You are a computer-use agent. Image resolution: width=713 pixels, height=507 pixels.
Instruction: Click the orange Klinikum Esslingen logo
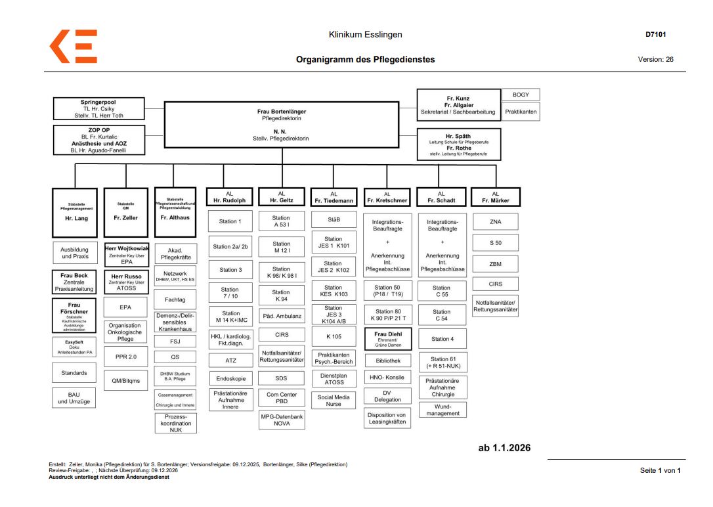[x=74, y=47]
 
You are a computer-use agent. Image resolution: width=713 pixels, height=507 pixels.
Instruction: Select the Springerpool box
[x=98, y=108]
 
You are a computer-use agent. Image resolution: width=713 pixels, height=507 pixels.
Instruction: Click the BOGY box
[x=521, y=95]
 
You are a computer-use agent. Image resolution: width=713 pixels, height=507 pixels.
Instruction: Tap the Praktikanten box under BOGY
[x=521, y=112]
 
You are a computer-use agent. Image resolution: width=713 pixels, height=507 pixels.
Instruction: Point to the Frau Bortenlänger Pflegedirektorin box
[x=281, y=125]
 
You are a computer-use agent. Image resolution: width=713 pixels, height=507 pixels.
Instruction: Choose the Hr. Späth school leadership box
[x=458, y=144]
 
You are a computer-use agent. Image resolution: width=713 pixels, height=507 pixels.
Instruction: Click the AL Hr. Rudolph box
[x=229, y=197]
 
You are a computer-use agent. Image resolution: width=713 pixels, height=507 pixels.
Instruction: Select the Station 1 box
[x=230, y=221]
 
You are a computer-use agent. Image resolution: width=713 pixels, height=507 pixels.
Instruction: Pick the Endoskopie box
[x=230, y=379]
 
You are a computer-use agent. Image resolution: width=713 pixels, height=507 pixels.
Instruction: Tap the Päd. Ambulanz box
[x=281, y=316]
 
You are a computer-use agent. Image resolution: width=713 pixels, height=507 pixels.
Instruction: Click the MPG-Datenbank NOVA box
[x=281, y=420]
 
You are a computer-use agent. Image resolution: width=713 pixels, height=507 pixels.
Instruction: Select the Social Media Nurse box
[x=334, y=401]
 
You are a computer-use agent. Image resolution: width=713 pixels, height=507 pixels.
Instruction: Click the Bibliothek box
[x=388, y=361]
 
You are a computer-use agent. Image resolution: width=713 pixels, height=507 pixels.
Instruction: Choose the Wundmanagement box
[x=443, y=410]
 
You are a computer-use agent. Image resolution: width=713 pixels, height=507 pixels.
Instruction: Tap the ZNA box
[x=495, y=222]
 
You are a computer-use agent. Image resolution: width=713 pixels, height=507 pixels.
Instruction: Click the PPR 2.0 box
[x=125, y=357]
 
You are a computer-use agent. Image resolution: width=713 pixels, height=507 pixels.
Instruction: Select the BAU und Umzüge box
[x=74, y=398]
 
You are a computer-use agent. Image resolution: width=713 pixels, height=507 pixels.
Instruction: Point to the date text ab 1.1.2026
[x=504, y=448]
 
